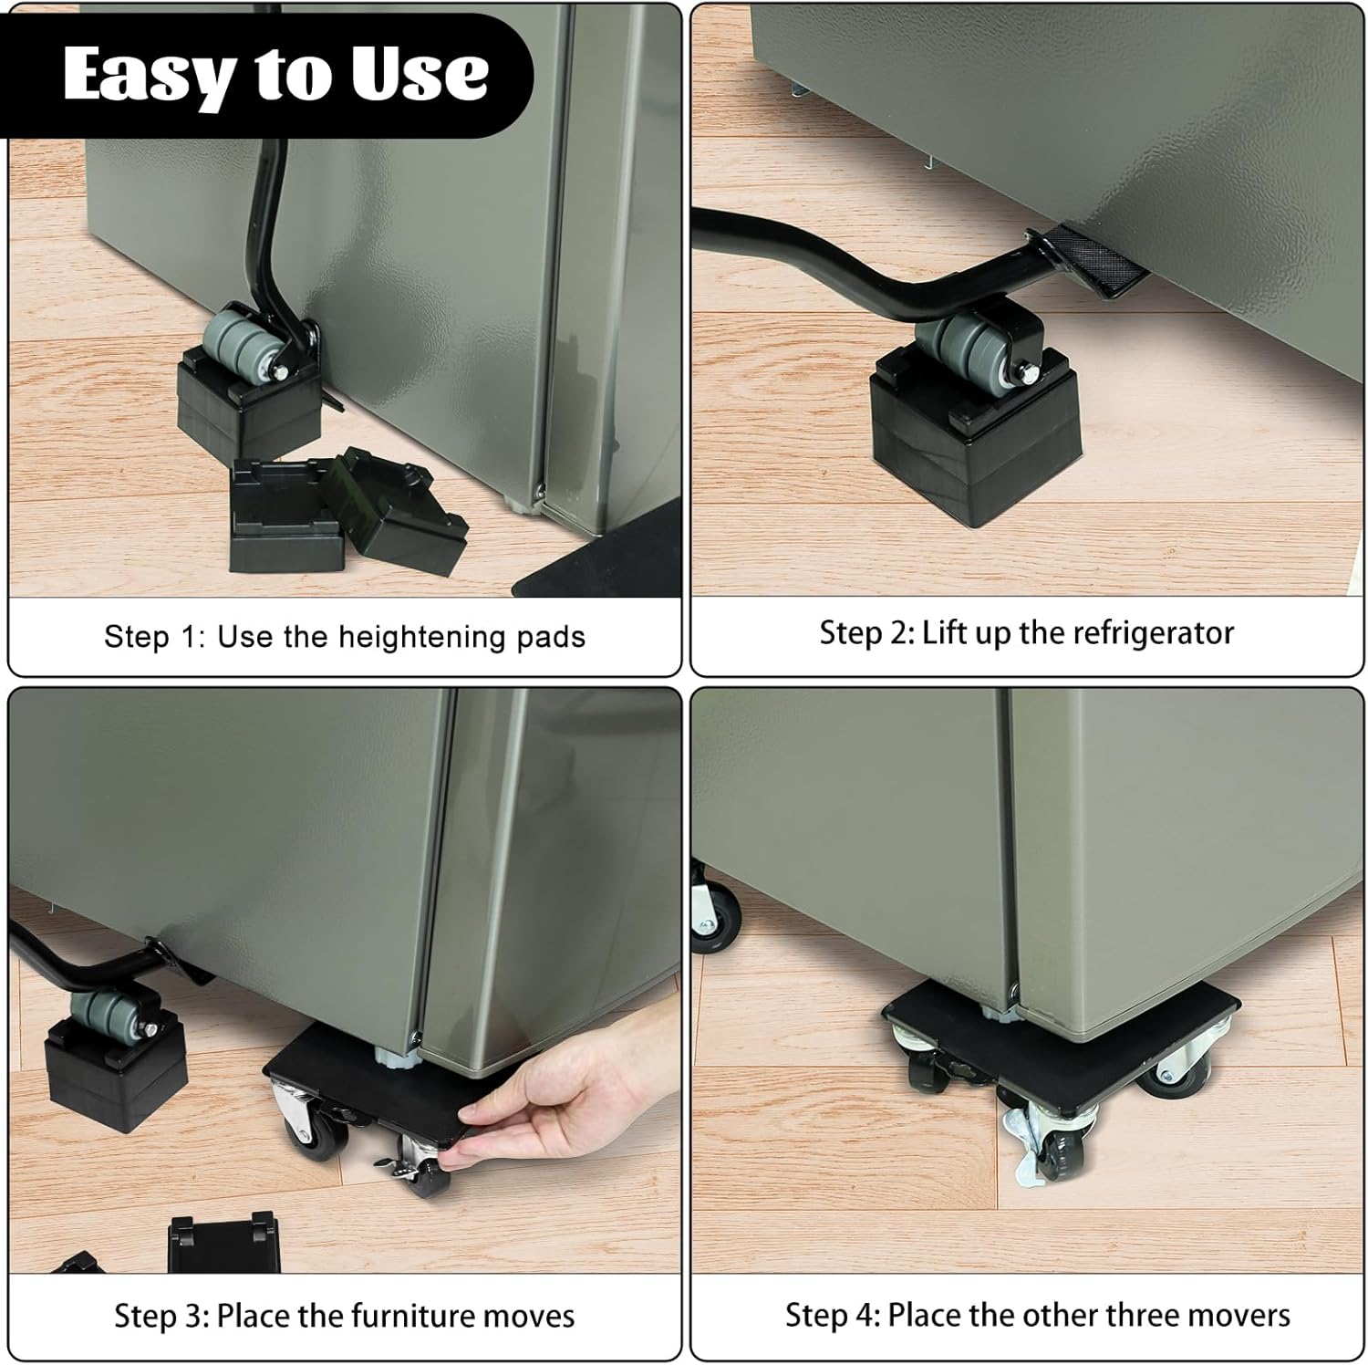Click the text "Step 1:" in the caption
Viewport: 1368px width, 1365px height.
tap(155, 636)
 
